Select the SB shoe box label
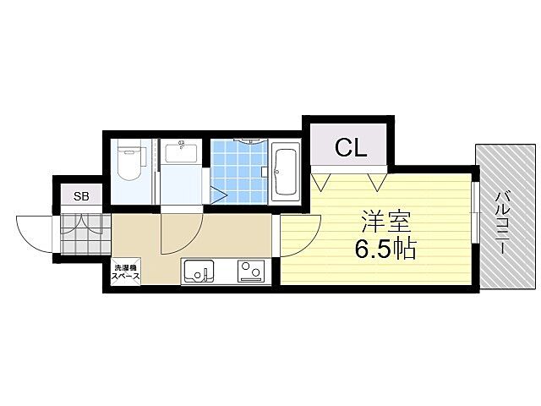pyautogui.click(x=80, y=196)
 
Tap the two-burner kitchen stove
pyautogui.click(x=250, y=272)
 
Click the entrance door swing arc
pyautogui.click(x=36, y=230)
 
